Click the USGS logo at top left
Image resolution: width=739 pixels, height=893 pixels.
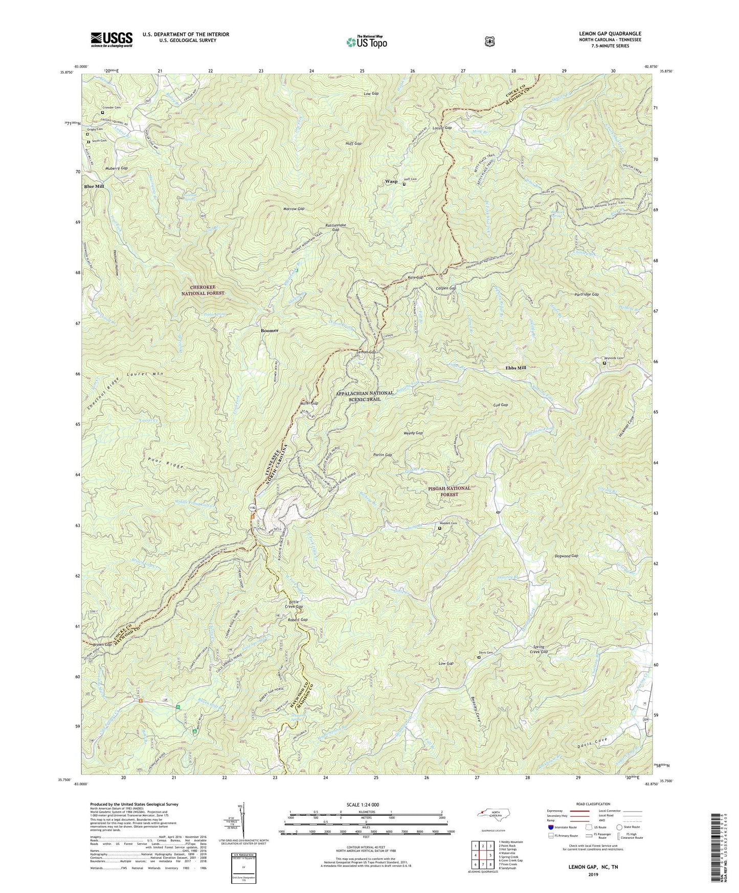111,39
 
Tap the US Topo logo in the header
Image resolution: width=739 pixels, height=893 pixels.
365,41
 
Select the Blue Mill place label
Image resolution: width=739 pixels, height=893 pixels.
94,187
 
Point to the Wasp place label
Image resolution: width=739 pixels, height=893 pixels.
391,182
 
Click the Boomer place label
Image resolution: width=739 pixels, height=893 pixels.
270,330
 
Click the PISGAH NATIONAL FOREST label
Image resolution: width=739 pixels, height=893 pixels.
442,492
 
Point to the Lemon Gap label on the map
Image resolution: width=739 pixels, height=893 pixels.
367,353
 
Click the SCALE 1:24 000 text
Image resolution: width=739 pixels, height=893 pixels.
365,805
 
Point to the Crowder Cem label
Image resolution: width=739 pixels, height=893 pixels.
111,107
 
